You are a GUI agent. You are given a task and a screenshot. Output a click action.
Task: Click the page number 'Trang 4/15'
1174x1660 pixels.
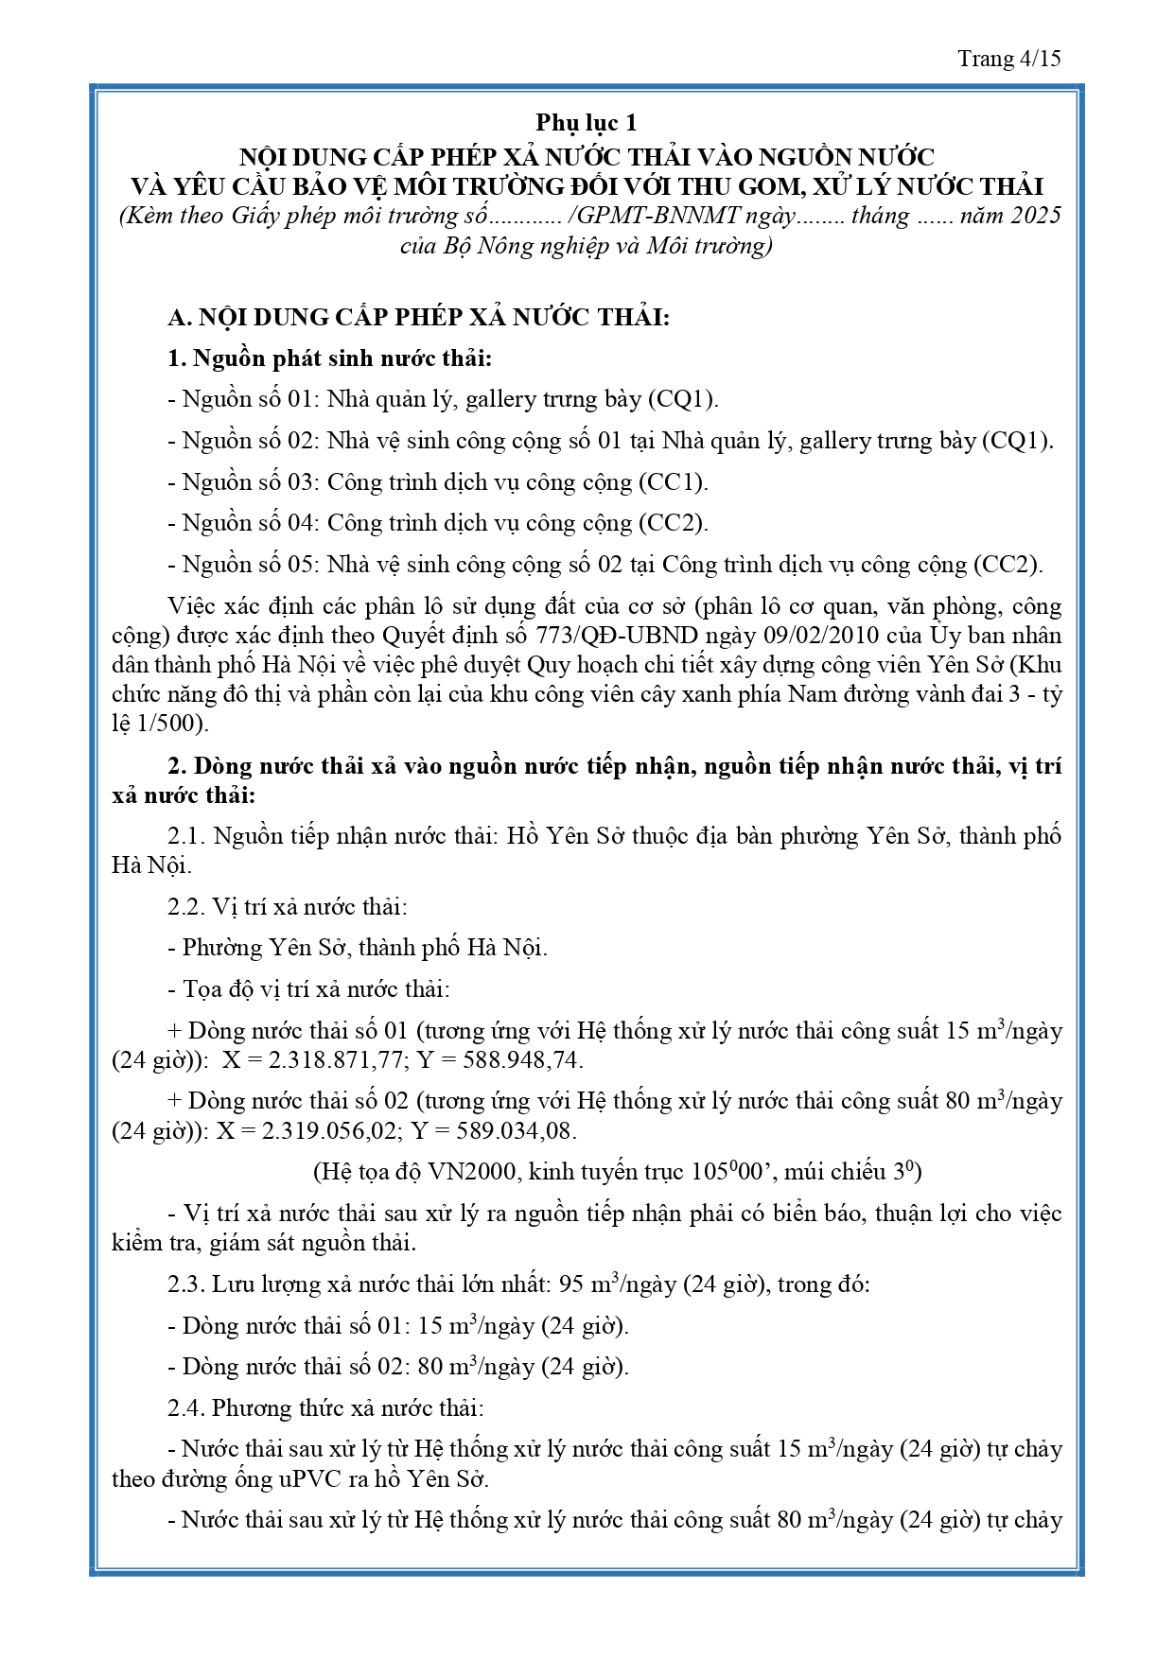pos(1008,59)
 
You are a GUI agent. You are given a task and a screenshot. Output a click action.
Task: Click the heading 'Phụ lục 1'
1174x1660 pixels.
pos(587,123)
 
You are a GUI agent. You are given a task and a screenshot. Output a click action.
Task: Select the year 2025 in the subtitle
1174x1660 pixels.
pos(1036,216)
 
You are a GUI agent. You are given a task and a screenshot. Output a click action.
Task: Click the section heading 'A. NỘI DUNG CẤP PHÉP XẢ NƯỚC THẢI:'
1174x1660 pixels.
pos(418,317)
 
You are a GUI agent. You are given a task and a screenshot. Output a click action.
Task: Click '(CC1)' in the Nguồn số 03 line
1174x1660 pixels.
pos(674,482)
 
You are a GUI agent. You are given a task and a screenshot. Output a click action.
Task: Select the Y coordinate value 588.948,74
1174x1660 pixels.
pos(522,1060)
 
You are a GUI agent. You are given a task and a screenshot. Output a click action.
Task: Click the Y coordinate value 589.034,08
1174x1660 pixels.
pos(517,1131)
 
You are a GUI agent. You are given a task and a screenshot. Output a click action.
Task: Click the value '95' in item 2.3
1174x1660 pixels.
pos(571,1284)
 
